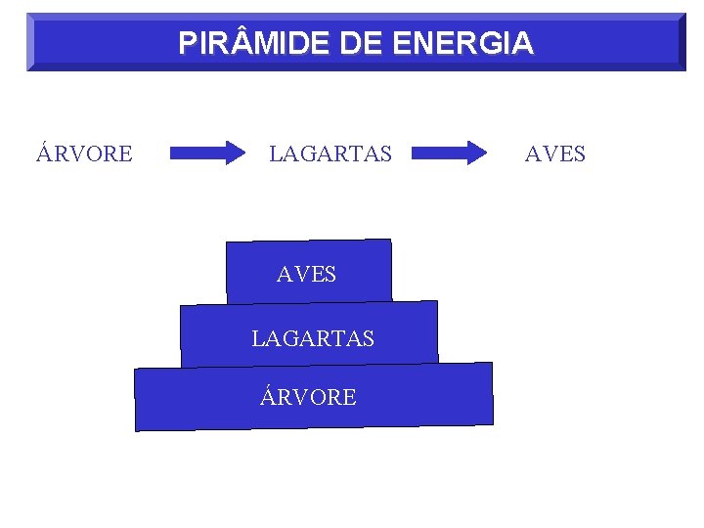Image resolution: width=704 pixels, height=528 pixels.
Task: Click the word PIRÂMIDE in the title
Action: coord(257,44)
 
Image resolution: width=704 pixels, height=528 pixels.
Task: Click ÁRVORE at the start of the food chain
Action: coord(84,154)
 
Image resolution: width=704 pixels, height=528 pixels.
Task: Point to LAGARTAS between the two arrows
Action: coord(330,154)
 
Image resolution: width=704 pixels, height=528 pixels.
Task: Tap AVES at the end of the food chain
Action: coord(555,154)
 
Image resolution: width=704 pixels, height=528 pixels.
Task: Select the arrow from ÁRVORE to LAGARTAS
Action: coord(208,153)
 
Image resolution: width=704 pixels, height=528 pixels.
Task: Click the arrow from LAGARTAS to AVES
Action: coord(449,153)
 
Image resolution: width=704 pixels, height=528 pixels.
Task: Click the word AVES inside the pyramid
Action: coord(306,276)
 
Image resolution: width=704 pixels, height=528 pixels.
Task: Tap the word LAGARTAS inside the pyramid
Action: coord(313,339)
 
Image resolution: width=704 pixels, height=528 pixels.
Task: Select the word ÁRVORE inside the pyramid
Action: coord(309,397)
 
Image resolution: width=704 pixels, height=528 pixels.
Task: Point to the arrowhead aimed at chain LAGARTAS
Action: coord(236,153)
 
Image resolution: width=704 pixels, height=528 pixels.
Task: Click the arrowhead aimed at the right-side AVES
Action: coord(476,153)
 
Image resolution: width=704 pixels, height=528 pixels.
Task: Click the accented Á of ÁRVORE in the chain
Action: coord(45,153)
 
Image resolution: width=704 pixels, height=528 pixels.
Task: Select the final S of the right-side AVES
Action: coord(579,154)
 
